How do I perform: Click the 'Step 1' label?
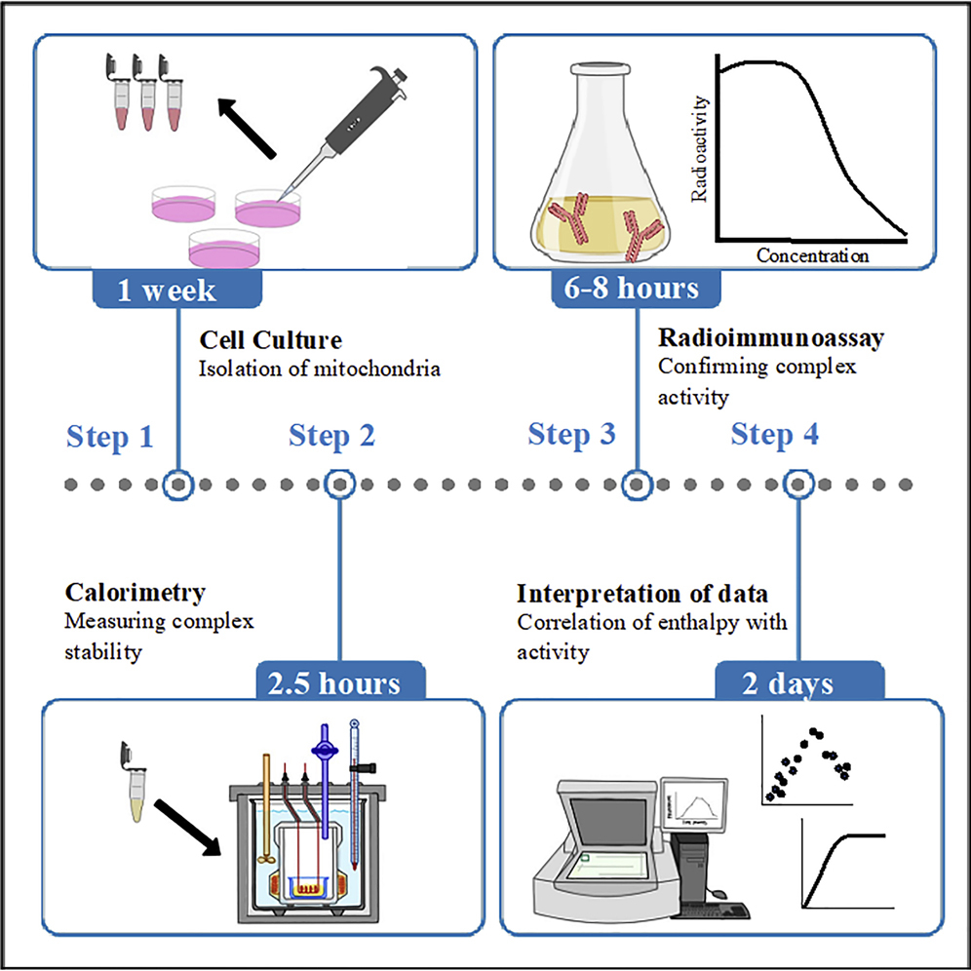[110, 437]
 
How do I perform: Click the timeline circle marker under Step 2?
[339, 484]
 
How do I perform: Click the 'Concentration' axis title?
[811, 256]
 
